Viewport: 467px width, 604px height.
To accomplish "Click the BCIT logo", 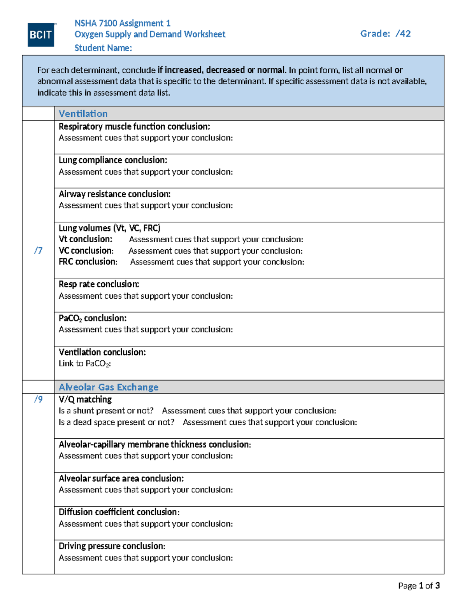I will (x=41, y=35).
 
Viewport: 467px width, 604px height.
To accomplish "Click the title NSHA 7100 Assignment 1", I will (x=122, y=23).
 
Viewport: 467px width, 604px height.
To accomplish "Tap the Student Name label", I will (x=103, y=48).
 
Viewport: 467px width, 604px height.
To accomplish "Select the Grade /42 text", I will (x=385, y=34).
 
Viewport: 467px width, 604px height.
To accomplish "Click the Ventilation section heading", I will (x=83, y=114).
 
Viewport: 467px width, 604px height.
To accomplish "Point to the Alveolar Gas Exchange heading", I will (x=109, y=387).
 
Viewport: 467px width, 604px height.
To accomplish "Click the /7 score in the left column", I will (x=38, y=250).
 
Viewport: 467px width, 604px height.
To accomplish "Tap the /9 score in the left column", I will (x=38, y=399).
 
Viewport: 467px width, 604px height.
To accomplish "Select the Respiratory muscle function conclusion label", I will (x=134, y=126).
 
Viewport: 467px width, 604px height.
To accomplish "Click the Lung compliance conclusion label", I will (x=113, y=160).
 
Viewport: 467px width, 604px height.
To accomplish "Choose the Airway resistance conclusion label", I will (x=114, y=194).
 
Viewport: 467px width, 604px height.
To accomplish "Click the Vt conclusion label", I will (x=86, y=239).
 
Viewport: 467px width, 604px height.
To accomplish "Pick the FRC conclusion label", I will (x=88, y=262).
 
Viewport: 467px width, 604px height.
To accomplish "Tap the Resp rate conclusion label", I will (x=99, y=284).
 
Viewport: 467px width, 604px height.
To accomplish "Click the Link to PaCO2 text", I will (x=85, y=364).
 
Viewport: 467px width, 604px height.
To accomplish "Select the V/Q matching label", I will (x=85, y=399).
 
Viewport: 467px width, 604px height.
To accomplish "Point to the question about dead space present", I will (x=116, y=422).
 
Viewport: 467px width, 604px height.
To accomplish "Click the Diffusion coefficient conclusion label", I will (x=119, y=512).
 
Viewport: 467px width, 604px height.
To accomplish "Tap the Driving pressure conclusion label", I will (x=112, y=546).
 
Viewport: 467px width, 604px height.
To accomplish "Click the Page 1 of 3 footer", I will (x=419, y=586).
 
